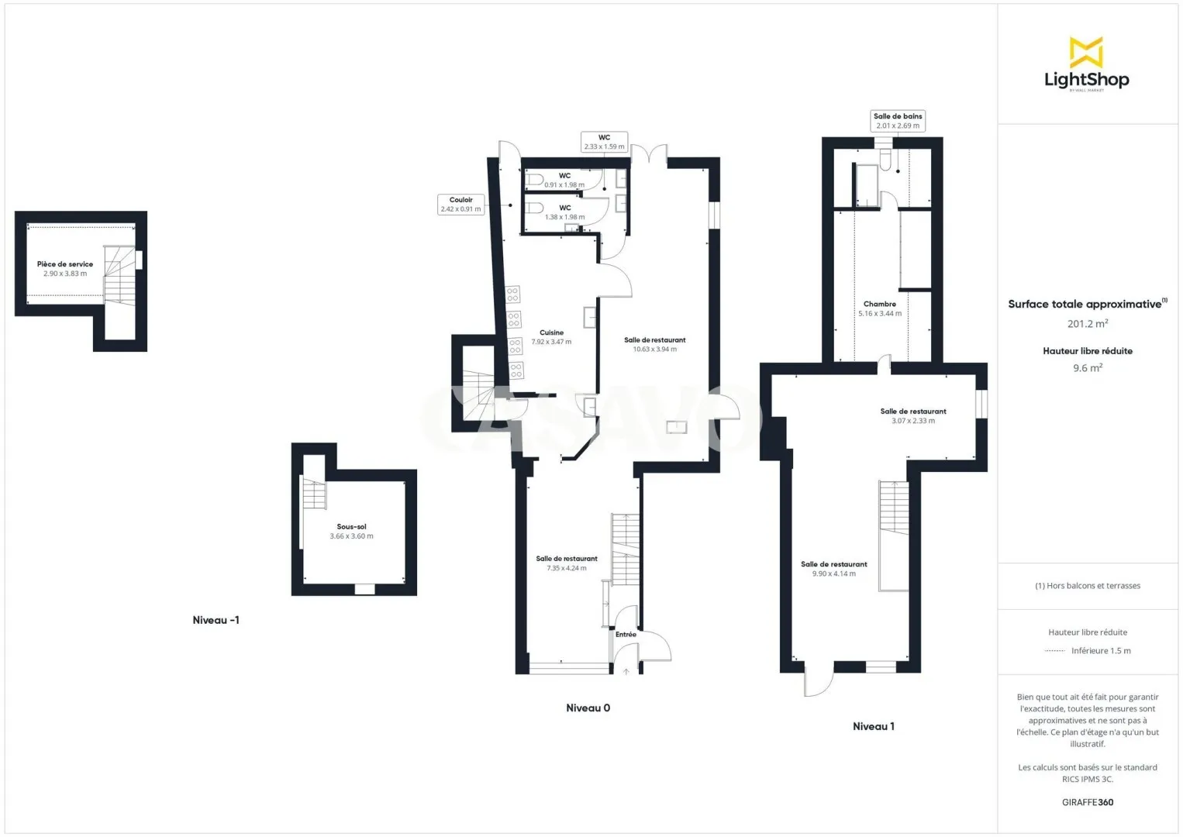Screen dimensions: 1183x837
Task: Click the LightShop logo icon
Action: pos(1086,52)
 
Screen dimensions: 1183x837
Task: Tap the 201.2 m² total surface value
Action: pos(1088,323)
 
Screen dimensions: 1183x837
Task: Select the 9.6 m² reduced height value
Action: pos(1088,367)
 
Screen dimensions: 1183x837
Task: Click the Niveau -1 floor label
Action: pos(216,620)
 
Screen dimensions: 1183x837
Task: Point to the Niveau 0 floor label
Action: pos(588,708)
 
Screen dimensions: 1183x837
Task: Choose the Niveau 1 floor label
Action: pos(874,726)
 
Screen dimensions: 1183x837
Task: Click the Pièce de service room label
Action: pos(65,264)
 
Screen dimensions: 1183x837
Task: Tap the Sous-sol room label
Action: pos(351,526)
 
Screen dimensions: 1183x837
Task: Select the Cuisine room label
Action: pos(551,332)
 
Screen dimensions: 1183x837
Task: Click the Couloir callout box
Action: pos(461,205)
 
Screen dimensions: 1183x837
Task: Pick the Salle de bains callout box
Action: pos(898,121)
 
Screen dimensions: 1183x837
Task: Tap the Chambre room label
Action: pos(880,304)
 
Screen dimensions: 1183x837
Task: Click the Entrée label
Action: pos(626,634)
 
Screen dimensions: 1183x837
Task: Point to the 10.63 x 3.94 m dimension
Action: pos(655,349)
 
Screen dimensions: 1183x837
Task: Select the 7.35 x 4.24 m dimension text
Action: pos(567,568)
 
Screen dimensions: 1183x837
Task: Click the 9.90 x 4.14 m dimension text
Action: pos(834,573)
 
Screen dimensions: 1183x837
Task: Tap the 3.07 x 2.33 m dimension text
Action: pos(913,421)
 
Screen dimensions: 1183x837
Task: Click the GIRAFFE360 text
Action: pos(1088,802)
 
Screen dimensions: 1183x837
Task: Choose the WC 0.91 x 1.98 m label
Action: pos(564,180)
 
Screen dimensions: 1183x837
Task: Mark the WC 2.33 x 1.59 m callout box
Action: pos(604,142)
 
